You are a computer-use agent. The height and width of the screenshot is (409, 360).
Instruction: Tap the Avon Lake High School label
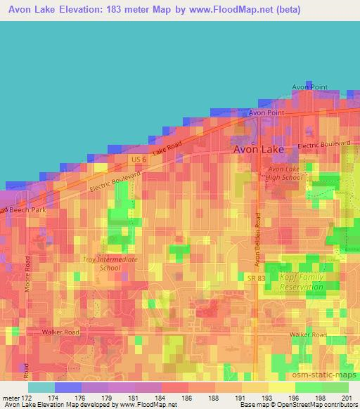pos(285,174)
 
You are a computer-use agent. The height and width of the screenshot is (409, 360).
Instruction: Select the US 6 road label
pos(139,161)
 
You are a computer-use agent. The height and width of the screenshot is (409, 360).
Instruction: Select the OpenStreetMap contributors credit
pos(321,405)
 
